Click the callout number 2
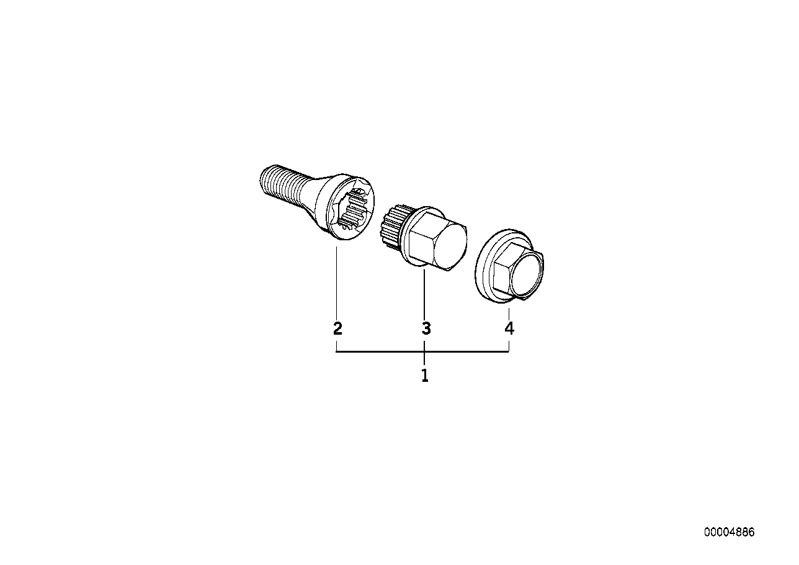tap(337, 328)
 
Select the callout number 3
tap(426, 328)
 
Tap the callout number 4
tap(509, 328)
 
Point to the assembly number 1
tap(425, 376)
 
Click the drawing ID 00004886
tap(730, 533)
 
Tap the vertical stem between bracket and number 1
tap(425, 359)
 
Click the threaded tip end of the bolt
tap(262, 178)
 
